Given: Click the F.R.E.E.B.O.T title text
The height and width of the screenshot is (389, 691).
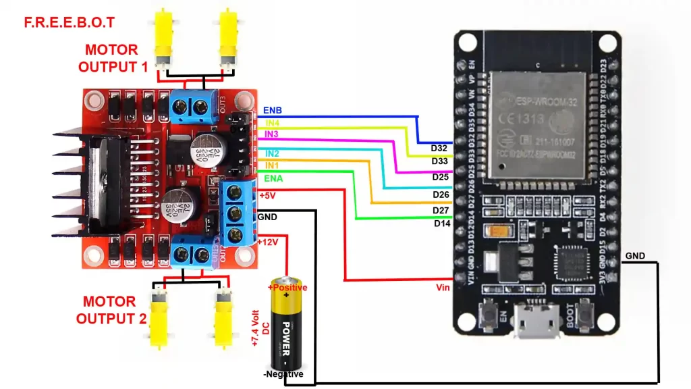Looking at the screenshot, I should point(70,22).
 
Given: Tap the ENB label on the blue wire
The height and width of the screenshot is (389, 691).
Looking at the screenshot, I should point(273,111).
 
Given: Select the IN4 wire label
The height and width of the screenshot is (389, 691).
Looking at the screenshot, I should point(272,123).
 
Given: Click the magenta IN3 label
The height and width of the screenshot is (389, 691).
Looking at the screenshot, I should point(271,135).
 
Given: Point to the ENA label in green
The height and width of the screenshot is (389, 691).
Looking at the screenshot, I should point(273,178).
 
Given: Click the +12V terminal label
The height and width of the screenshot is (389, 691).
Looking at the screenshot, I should point(269,242).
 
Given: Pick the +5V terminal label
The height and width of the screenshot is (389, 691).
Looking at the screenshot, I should point(267,196).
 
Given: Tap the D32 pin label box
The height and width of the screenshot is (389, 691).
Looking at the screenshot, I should point(440,148).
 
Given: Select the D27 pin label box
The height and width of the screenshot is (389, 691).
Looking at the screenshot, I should point(441,211).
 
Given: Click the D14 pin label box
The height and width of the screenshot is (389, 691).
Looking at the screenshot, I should point(442,223).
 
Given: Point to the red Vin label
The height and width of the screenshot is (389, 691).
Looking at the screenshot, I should point(443,287).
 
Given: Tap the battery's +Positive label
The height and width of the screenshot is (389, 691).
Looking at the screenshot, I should point(287,288).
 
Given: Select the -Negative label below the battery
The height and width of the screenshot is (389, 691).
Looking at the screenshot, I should point(283,374).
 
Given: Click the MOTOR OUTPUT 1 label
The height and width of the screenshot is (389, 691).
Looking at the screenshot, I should point(112,58).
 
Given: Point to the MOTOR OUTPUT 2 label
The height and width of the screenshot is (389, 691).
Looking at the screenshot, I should point(111,310).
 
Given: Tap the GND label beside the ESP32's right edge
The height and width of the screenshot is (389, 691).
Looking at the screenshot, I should point(635,256).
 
